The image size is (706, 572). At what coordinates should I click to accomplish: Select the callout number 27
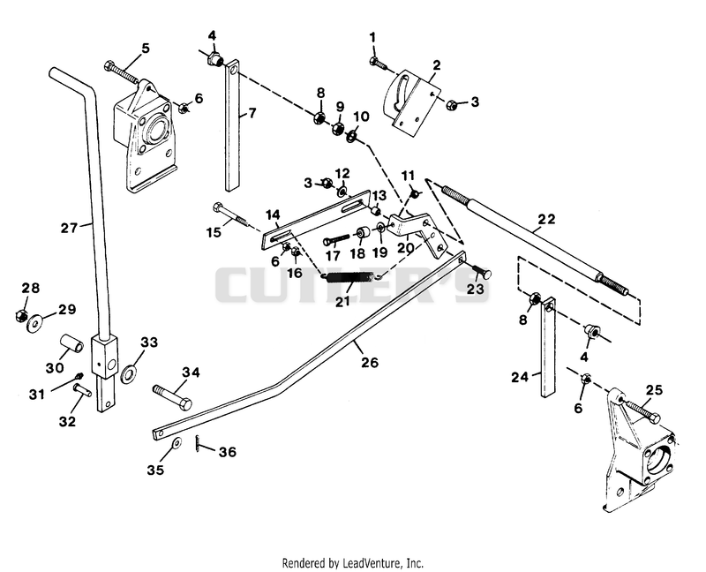[x=70, y=228]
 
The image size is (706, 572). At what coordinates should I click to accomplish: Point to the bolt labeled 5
[x=122, y=72]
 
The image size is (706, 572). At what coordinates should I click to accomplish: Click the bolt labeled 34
[x=172, y=396]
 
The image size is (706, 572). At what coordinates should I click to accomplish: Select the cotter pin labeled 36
[x=198, y=442]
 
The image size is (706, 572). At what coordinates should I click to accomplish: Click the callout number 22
[x=546, y=219]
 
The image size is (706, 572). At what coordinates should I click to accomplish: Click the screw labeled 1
[x=379, y=63]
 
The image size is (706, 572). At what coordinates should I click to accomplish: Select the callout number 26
[x=369, y=363]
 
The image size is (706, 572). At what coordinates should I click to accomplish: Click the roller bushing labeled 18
[x=363, y=235]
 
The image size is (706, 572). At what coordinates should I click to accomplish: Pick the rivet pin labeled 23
[x=480, y=272]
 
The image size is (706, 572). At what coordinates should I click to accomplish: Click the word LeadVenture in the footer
[x=372, y=563]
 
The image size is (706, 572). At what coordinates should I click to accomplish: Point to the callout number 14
[x=273, y=214]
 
